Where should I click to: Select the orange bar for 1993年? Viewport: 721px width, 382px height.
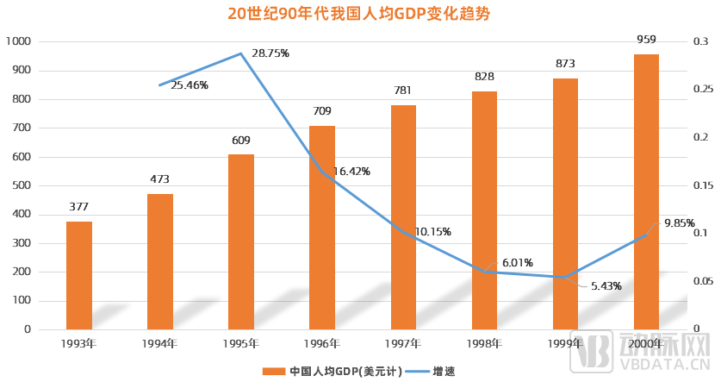pyautogui.click(x=79, y=275)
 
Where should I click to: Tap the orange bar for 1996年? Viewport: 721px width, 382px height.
pyautogui.click(x=322, y=228)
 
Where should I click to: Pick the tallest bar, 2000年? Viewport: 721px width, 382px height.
pyautogui.click(x=646, y=191)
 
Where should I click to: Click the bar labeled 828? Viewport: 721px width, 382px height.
pyautogui.click(x=484, y=210)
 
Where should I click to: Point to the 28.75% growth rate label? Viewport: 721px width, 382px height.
pyautogui.click(x=270, y=53)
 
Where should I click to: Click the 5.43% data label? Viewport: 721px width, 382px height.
pyautogui.click(x=606, y=286)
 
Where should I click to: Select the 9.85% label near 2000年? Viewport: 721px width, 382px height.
pyautogui.click(x=679, y=223)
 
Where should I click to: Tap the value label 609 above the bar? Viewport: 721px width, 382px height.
pyautogui.click(x=241, y=141)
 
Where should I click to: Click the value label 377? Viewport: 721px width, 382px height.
pyautogui.click(x=79, y=207)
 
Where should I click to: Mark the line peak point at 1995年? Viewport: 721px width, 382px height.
pyautogui.click(x=241, y=53)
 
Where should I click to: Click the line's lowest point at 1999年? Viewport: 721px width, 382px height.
pyautogui.click(x=565, y=277)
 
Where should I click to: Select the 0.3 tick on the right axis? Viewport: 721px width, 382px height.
pyautogui.click(x=702, y=41)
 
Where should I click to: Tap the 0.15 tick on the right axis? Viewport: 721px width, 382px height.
pyautogui.click(x=705, y=185)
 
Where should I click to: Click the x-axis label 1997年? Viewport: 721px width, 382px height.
pyautogui.click(x=403, y=344)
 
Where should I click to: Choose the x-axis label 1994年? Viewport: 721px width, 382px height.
pyautogui.click(x=160, y=344)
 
